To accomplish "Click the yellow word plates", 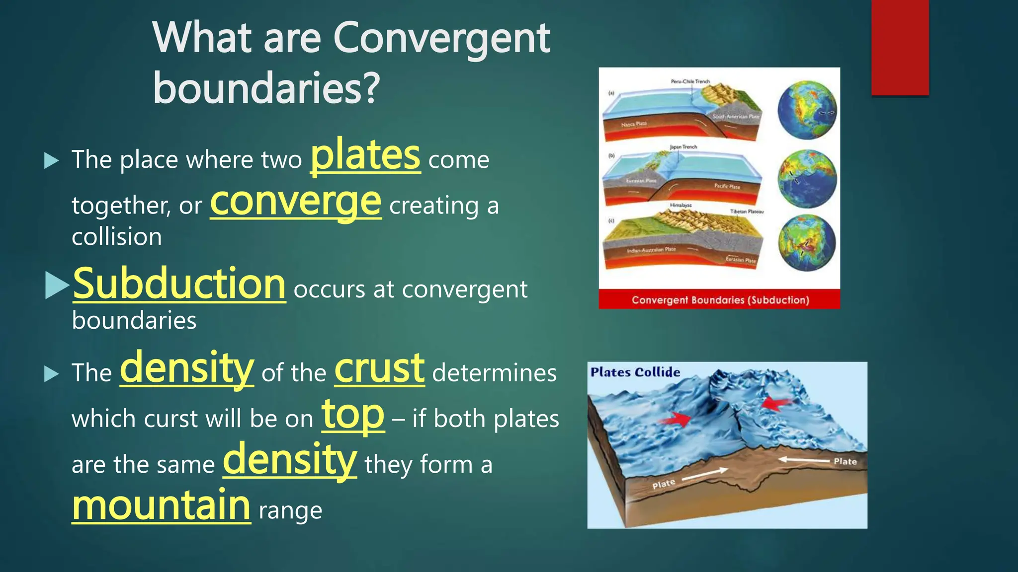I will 365,156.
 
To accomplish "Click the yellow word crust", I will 379,369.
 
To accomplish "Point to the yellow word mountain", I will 161,505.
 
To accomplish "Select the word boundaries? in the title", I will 266,88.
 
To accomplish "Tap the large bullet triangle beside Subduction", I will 56,286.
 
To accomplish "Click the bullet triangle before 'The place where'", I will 51,161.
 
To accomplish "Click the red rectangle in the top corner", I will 900,47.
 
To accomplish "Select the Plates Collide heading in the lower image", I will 635,372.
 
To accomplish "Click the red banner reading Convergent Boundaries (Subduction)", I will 719,300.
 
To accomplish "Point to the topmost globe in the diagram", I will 807,110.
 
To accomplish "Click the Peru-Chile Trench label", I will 690,81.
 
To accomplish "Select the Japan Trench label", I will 683,147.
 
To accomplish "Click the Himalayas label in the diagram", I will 680,205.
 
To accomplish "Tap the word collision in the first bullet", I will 117,237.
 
